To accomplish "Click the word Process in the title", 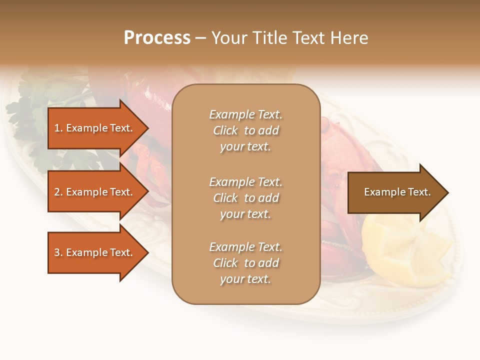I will pos(157,38).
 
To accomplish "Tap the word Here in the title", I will pos(349,38).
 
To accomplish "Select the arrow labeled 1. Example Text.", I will pos(95,128).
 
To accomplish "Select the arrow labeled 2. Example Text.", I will pos(95,192).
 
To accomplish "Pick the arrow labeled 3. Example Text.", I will pos(95,252).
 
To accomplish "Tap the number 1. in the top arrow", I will pos(58,128).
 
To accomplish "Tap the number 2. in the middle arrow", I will pos(58,192).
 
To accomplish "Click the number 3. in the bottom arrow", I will pos(58,252).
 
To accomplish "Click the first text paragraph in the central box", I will pos(245,130).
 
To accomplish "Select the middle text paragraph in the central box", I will pos(245,198).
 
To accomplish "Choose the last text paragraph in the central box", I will pos(245,263).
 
